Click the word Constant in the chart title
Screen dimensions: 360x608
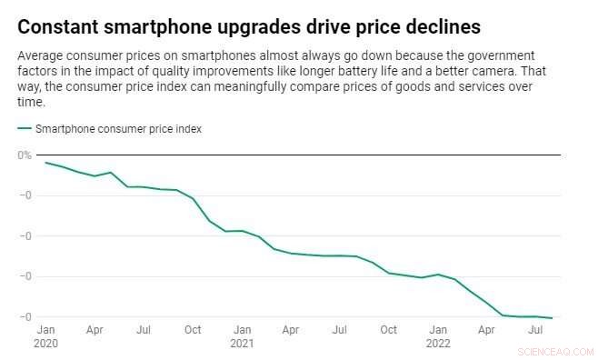[x=59, y=25]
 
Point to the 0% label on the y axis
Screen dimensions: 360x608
[x=25, y=155]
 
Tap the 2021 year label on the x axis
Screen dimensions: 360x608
[x=242, y=344]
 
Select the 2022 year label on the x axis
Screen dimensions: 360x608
[x=438, y=344]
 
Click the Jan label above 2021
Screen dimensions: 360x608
[x=242, y=330]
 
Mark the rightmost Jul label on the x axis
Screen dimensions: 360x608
[x=536, y=330]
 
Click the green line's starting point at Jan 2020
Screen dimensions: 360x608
[x=45, y=163]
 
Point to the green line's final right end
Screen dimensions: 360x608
[x=552, y=318]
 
